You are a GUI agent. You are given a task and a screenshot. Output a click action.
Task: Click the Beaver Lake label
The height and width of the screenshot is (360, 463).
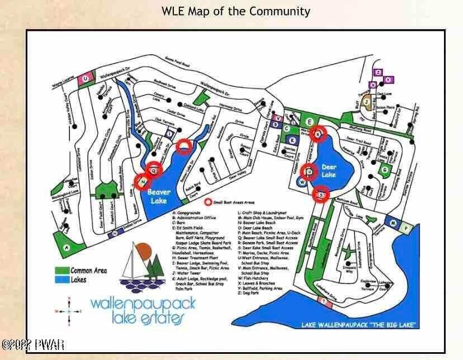point(159,197)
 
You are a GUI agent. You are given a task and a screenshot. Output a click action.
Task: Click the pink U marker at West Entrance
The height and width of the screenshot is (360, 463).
point(86,79)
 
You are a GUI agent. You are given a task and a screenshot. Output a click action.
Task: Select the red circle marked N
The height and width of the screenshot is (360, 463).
point(143,182)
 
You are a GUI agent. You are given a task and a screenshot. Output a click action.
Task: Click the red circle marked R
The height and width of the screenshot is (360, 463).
point(319,134)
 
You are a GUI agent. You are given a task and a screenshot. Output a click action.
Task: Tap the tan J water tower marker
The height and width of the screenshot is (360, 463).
point(366,102)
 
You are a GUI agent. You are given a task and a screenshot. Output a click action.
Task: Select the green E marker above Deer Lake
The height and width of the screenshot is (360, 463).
point(309,121)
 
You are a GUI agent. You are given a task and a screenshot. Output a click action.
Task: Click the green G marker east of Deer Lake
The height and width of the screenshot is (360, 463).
point(384,169)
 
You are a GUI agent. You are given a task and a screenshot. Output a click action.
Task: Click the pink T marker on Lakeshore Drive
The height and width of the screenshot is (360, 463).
point(324,302)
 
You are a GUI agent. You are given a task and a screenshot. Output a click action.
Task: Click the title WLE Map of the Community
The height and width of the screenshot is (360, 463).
point(235,11)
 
